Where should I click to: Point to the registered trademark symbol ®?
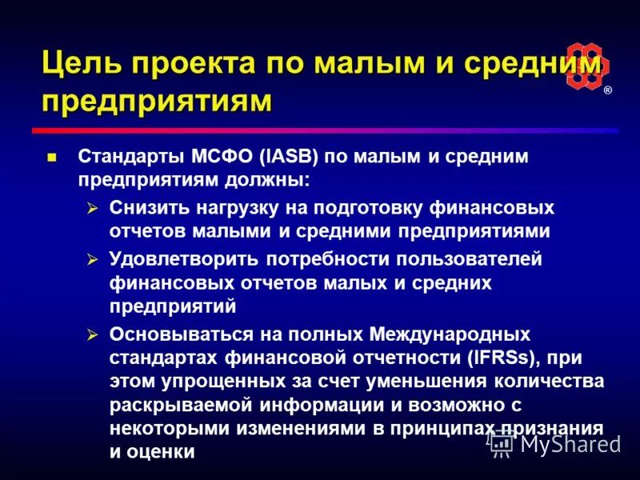[x=607, y=90]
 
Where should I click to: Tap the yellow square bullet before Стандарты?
[x=53, y=157]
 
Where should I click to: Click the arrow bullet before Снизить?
[x=91, y=208]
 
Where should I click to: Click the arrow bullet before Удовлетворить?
[x=91, y=259]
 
